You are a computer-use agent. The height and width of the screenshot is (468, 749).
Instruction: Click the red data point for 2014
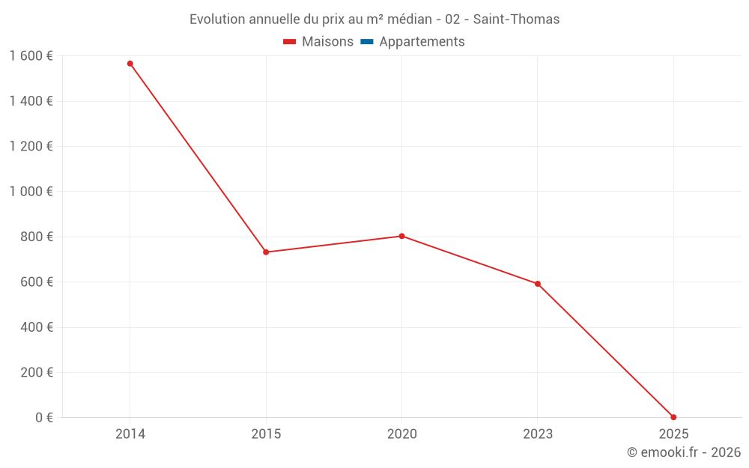coord(130,64)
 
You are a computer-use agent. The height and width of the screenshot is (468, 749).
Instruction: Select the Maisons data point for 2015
coord(266,252)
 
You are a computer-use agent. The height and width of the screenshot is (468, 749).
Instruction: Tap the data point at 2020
coord(401,236)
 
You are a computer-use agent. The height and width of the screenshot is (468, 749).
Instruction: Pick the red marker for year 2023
coord(538,284)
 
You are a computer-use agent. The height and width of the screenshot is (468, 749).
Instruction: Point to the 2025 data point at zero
coord(673,417)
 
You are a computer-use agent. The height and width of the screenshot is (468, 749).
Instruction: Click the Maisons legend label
coord(327,42)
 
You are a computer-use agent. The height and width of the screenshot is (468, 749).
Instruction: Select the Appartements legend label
coord(422,42)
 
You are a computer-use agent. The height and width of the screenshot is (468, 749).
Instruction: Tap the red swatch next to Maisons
coord(290,42)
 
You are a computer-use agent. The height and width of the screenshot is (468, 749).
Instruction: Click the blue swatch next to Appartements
coord(367,42)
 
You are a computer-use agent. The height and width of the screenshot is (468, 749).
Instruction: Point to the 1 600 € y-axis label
coord(31,55)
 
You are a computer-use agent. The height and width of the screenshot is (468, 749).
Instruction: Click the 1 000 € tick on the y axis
coord(31,191)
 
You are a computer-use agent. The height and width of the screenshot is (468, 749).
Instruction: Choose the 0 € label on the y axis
coord(44,417)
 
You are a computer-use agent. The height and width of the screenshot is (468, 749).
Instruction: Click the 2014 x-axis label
coord(130,434)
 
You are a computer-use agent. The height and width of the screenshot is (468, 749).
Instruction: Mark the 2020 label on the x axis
coord(401,434)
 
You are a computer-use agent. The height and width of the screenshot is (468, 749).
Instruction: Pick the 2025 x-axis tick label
coord(673,434)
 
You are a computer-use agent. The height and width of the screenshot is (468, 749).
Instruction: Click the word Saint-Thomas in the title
coord(516,19)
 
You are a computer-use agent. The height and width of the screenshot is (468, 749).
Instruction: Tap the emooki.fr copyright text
coord(684,452)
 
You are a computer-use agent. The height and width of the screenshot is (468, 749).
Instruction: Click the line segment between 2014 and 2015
coord(198,158)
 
